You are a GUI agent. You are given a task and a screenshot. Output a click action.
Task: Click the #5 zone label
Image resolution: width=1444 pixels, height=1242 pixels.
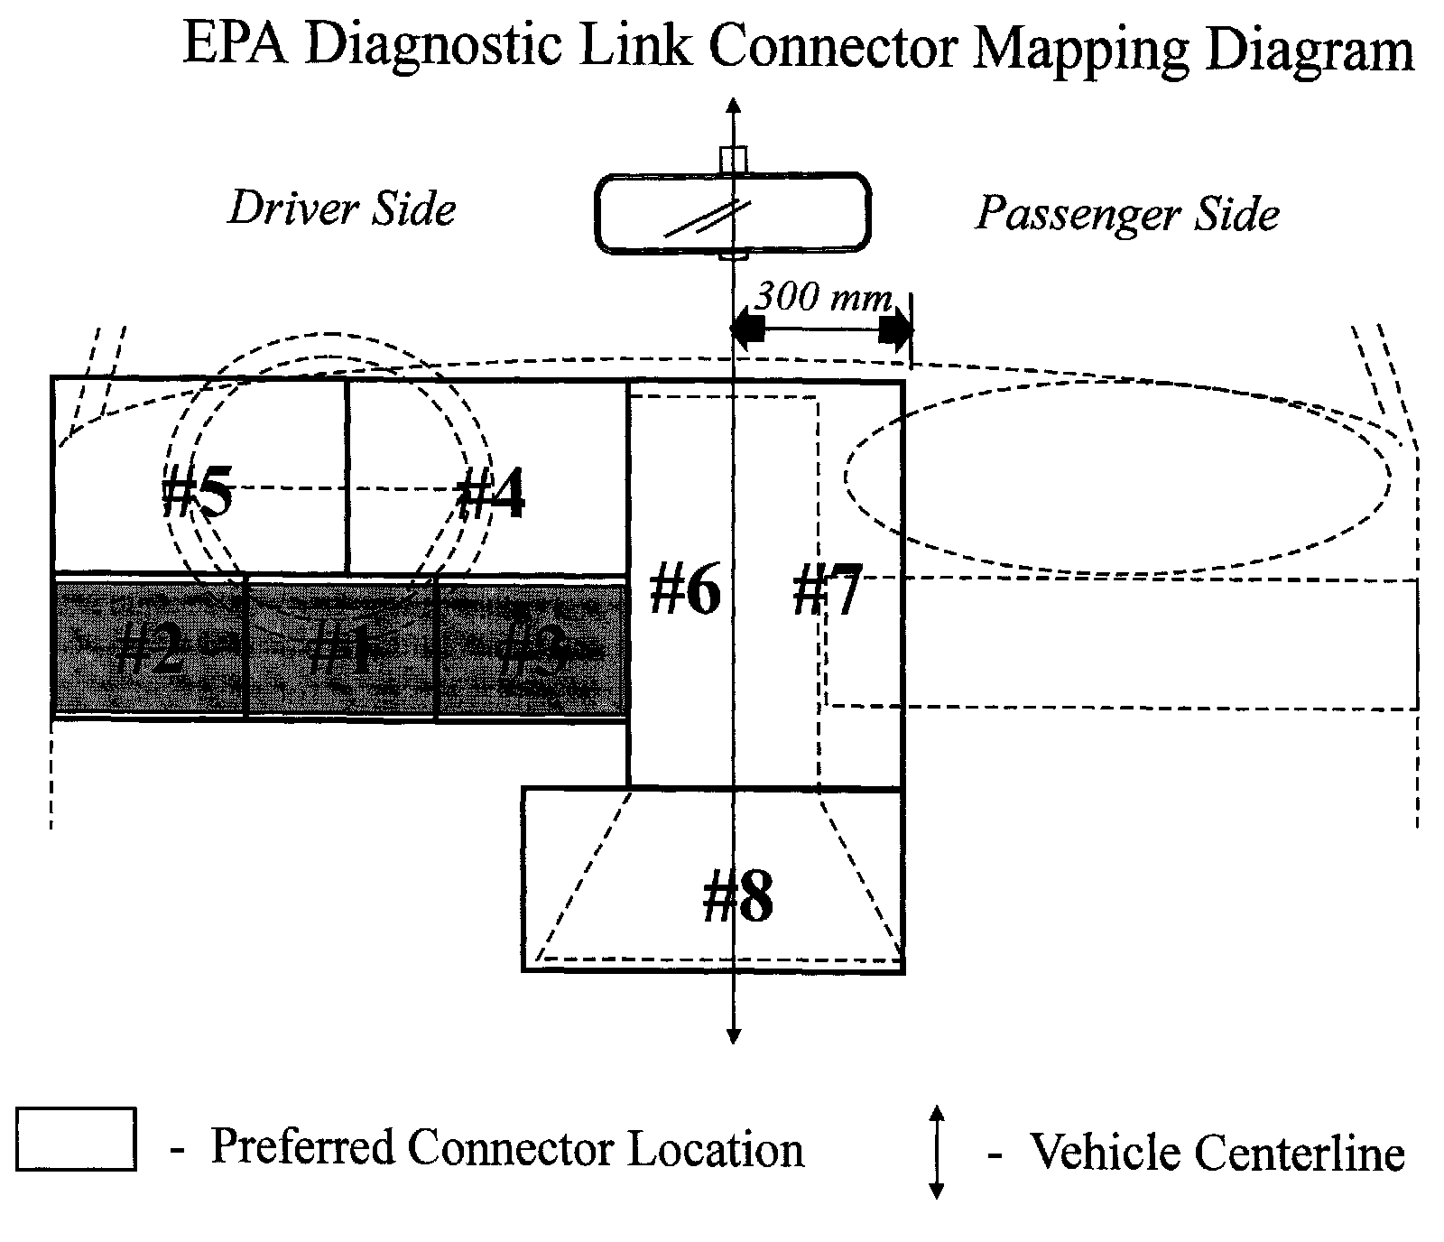click(x=198, y=496)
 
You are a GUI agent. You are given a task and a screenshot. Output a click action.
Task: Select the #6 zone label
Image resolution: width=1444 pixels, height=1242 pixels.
click(x=685, y=591)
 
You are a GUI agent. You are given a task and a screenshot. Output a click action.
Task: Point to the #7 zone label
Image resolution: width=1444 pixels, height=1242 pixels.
click(x=828, y=591)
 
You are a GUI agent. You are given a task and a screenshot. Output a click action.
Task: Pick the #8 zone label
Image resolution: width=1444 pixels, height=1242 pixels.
click(x=737, y=898)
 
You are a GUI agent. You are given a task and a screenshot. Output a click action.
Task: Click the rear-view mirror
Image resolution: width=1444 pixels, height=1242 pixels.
click(x=732, y=214)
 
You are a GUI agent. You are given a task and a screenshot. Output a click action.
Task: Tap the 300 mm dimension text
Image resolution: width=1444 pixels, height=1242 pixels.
click(x=823, y=297)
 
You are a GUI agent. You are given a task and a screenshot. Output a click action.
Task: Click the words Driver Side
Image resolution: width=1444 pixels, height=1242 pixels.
click(x=342, y=209)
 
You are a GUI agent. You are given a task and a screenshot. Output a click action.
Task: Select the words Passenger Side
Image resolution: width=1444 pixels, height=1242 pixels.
click(x=1128, y=215)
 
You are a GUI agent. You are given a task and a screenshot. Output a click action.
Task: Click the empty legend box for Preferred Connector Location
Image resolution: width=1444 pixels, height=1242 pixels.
click(x=76, y=1139)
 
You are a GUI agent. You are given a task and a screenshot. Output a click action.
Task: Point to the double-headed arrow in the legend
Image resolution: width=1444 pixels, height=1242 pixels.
click(x=937, y=1152)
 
